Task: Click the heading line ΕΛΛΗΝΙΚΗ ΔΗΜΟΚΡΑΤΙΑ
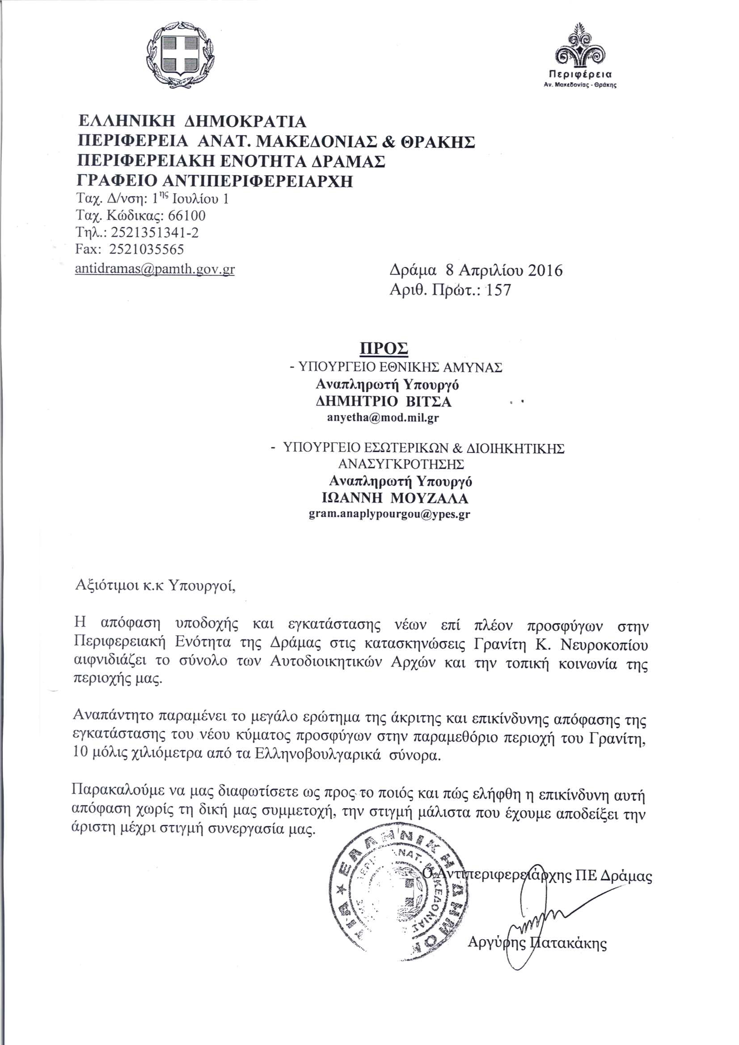pos(193,122)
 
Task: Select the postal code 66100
pos(187,215)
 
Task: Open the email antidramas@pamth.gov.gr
pos(155,269)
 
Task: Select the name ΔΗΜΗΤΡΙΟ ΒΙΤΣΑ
pos(384,401)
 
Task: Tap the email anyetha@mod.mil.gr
pos(383,418)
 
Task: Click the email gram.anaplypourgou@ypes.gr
pos(389,515)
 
